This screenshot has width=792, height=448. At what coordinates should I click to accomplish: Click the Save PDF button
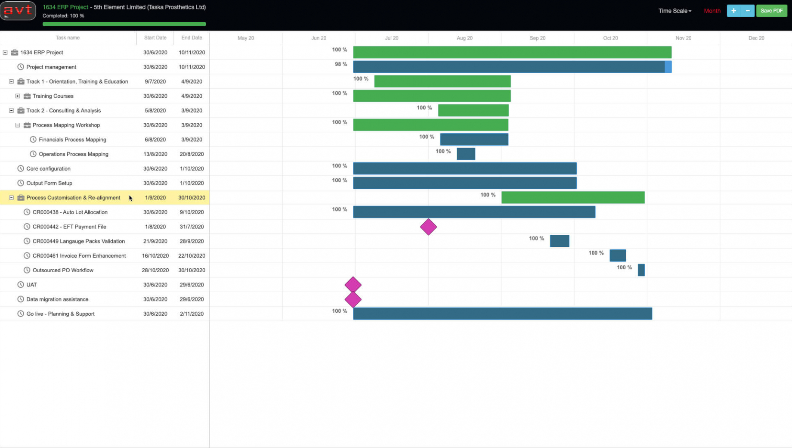[771, 11]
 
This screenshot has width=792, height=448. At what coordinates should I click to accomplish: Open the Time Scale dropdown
[674, 11]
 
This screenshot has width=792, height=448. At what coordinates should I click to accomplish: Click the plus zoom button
[733, 11]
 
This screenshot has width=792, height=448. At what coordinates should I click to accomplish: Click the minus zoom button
[748, 11]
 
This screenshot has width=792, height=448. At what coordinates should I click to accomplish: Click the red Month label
[712, 11]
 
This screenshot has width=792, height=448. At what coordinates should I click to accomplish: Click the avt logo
[18, 10]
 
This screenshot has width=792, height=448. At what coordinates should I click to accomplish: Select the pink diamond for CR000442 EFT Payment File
[428, 227]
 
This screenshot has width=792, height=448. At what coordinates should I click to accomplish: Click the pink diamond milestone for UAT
[353, 285]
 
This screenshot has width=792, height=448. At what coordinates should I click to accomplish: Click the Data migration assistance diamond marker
[353, 299]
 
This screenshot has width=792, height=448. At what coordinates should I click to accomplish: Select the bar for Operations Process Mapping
[466, 154]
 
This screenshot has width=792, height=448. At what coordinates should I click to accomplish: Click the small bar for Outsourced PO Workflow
[641, 270]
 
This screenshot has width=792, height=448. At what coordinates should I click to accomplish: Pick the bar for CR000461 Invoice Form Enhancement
[618, 255]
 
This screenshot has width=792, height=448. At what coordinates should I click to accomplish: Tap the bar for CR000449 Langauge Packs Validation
[559, 241]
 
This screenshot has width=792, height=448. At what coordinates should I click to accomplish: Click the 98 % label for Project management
[341, 64]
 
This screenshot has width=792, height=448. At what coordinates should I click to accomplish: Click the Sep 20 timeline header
[537, 38]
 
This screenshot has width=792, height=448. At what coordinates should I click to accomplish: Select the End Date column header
[192, 38]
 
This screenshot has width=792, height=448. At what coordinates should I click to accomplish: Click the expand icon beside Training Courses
[18, 96]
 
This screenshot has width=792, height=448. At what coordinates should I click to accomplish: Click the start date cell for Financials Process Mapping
[155, 140]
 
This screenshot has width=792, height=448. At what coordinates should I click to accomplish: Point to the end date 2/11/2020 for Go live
[192, 314]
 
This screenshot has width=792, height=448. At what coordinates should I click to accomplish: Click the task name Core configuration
[48, 168]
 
